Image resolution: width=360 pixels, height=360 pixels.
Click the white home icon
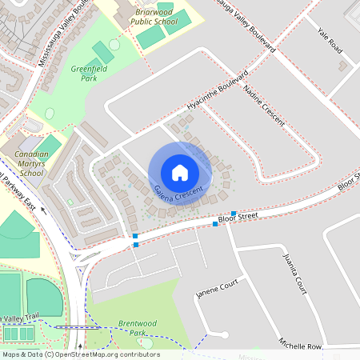[x=180, y=172]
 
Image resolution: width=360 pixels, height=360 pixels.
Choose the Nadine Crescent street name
[x=264, y=106]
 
